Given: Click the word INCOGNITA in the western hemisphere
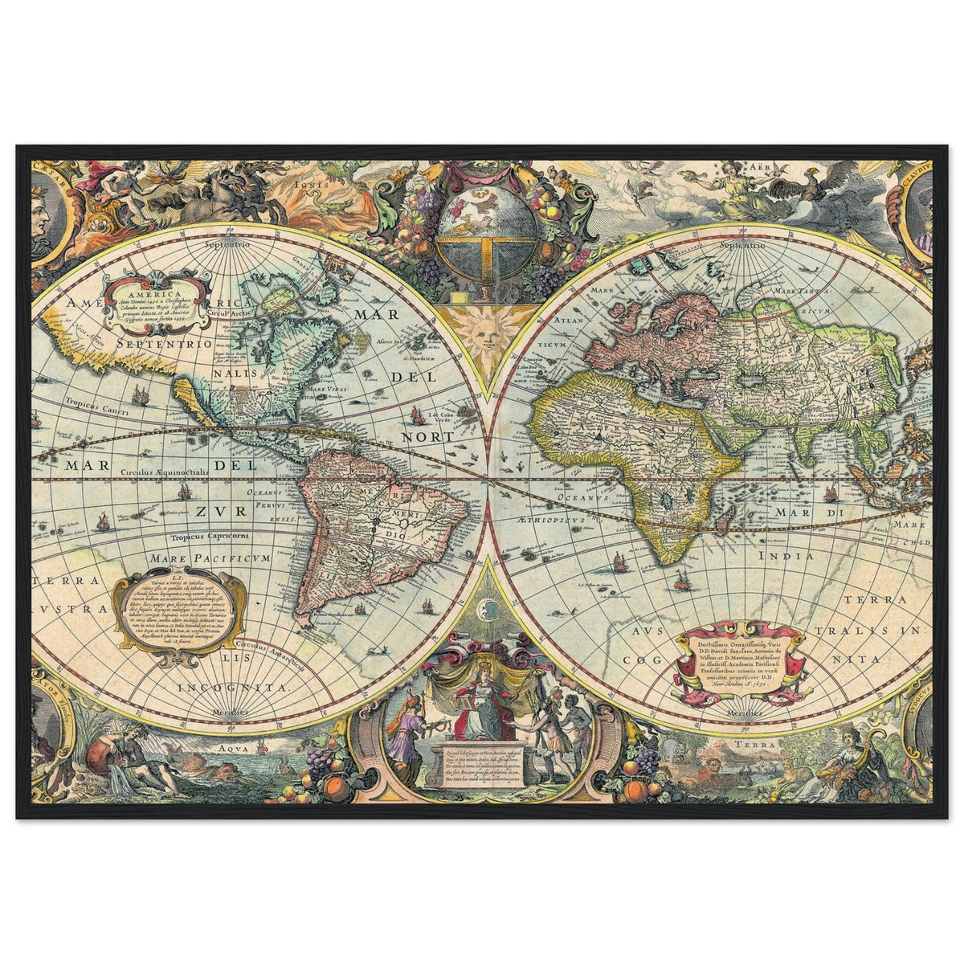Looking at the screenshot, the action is click(232, 688).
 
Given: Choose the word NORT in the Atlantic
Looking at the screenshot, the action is click(430, 437).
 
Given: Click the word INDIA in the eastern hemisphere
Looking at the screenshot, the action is click(786, 555).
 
